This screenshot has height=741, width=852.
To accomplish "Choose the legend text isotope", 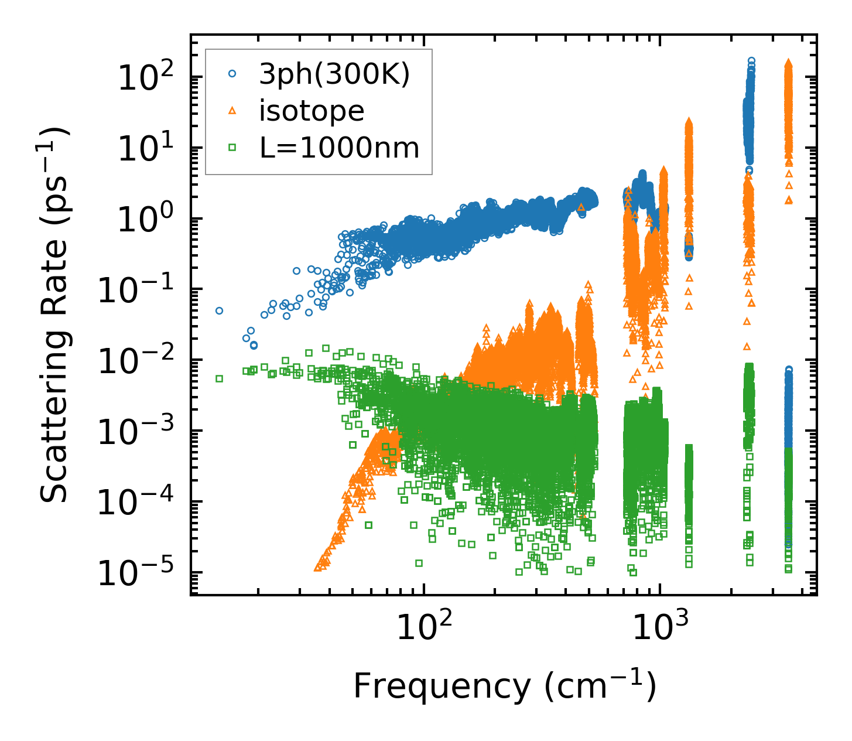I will tap(312, 111).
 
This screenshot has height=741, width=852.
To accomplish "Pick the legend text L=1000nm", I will tap(340, 148).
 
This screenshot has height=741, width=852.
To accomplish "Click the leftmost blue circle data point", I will tap(219, 310).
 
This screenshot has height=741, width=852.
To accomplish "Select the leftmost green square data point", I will tap(219, 378).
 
